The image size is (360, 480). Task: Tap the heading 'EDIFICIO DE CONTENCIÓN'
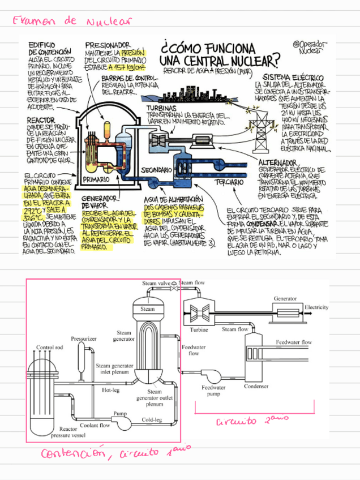click(49, 48)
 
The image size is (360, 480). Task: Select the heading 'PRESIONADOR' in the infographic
click(108, 45)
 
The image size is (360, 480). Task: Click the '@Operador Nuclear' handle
click(310, 47)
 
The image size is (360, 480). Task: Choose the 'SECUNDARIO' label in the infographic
click(156, 170)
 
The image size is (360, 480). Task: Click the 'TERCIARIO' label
click(229, 182)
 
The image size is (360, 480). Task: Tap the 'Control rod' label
click(49, 348)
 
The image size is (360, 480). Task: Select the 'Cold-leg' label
click(152, 419)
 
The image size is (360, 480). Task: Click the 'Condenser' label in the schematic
click(256, 387)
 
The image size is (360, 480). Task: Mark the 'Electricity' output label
click(316, 307)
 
